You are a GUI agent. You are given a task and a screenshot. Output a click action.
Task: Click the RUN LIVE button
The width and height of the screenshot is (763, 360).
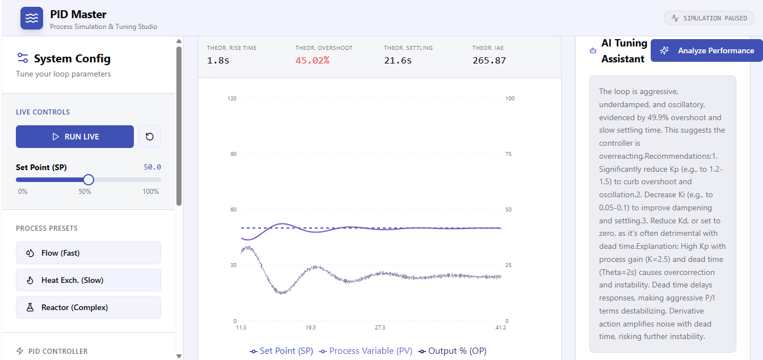click(x=75, y=137)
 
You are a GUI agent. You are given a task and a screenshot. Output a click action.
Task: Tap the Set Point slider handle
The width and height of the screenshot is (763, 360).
click(x=88, y=180)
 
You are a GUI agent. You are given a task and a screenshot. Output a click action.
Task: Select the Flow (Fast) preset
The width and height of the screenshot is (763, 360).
click(x=88, y=253)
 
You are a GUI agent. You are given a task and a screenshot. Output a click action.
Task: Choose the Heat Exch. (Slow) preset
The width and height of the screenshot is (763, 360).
click(x=88, y=280)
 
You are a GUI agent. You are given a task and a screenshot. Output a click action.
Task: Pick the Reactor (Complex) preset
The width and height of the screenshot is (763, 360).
click(x=88, y=307)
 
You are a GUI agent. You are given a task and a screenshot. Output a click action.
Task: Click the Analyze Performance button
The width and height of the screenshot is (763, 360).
click(x=707, y=50)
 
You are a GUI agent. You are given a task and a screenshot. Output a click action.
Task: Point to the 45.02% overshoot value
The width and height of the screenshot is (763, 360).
click(x=312, y=60)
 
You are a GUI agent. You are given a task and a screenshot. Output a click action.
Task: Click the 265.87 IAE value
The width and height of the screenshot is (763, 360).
click(x=489, y=60)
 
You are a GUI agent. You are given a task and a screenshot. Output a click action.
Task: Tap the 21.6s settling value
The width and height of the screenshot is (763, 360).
click(x=398, y=60)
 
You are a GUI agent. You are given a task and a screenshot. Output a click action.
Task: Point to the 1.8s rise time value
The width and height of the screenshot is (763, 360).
click(x=217, y=60)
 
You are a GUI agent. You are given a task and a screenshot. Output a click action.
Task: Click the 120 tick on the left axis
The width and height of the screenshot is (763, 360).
click(x=231, y=99)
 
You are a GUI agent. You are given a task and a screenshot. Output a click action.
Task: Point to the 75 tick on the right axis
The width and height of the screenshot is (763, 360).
click(x=509, y=154)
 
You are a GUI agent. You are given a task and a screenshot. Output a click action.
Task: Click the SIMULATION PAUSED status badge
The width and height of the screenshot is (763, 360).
click(x=709, y=18)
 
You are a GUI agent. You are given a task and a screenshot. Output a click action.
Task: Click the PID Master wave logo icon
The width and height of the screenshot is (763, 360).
click(x=32, y=18)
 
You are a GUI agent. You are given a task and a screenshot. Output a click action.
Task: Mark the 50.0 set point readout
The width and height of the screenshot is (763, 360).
click(x=152, y=167)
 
